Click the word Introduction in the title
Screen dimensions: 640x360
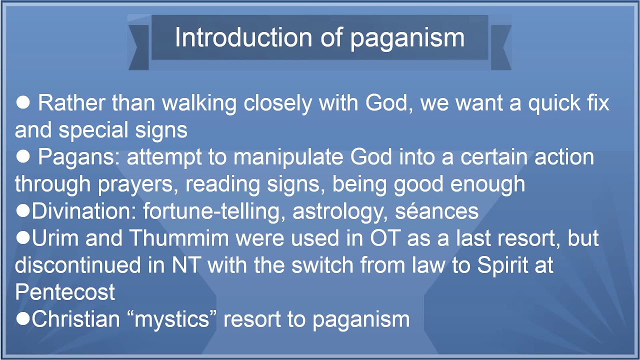(243, 37)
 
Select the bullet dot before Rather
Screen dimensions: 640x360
(23, 102)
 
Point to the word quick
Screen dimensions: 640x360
(554, 103)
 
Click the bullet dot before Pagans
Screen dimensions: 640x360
(23, 156)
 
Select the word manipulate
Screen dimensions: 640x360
(288, 157)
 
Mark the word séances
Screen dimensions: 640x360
(437, 211)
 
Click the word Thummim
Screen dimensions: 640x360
(179, 238)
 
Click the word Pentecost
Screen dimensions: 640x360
(65, 292)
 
